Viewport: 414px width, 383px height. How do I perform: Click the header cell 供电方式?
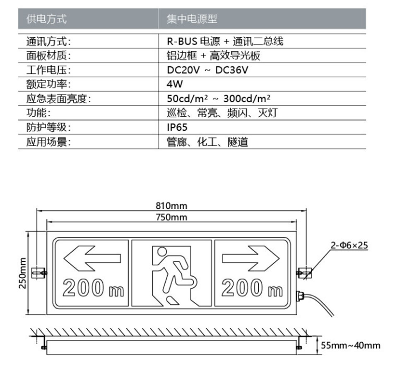coord(46,19)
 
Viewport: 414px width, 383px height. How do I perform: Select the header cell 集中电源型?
coord(192,19)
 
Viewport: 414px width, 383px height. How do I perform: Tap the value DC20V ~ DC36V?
coord(207,70)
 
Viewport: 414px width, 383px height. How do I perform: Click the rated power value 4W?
coord(175,84)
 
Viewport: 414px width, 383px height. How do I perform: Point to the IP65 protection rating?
coord(177,128)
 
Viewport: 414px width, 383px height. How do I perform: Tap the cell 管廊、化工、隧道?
coord(207,142)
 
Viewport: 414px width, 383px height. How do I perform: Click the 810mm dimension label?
coord(171,205)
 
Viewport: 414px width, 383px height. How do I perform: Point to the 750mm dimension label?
coord(171,217)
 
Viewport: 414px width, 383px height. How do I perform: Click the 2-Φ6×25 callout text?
coord(349,245)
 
